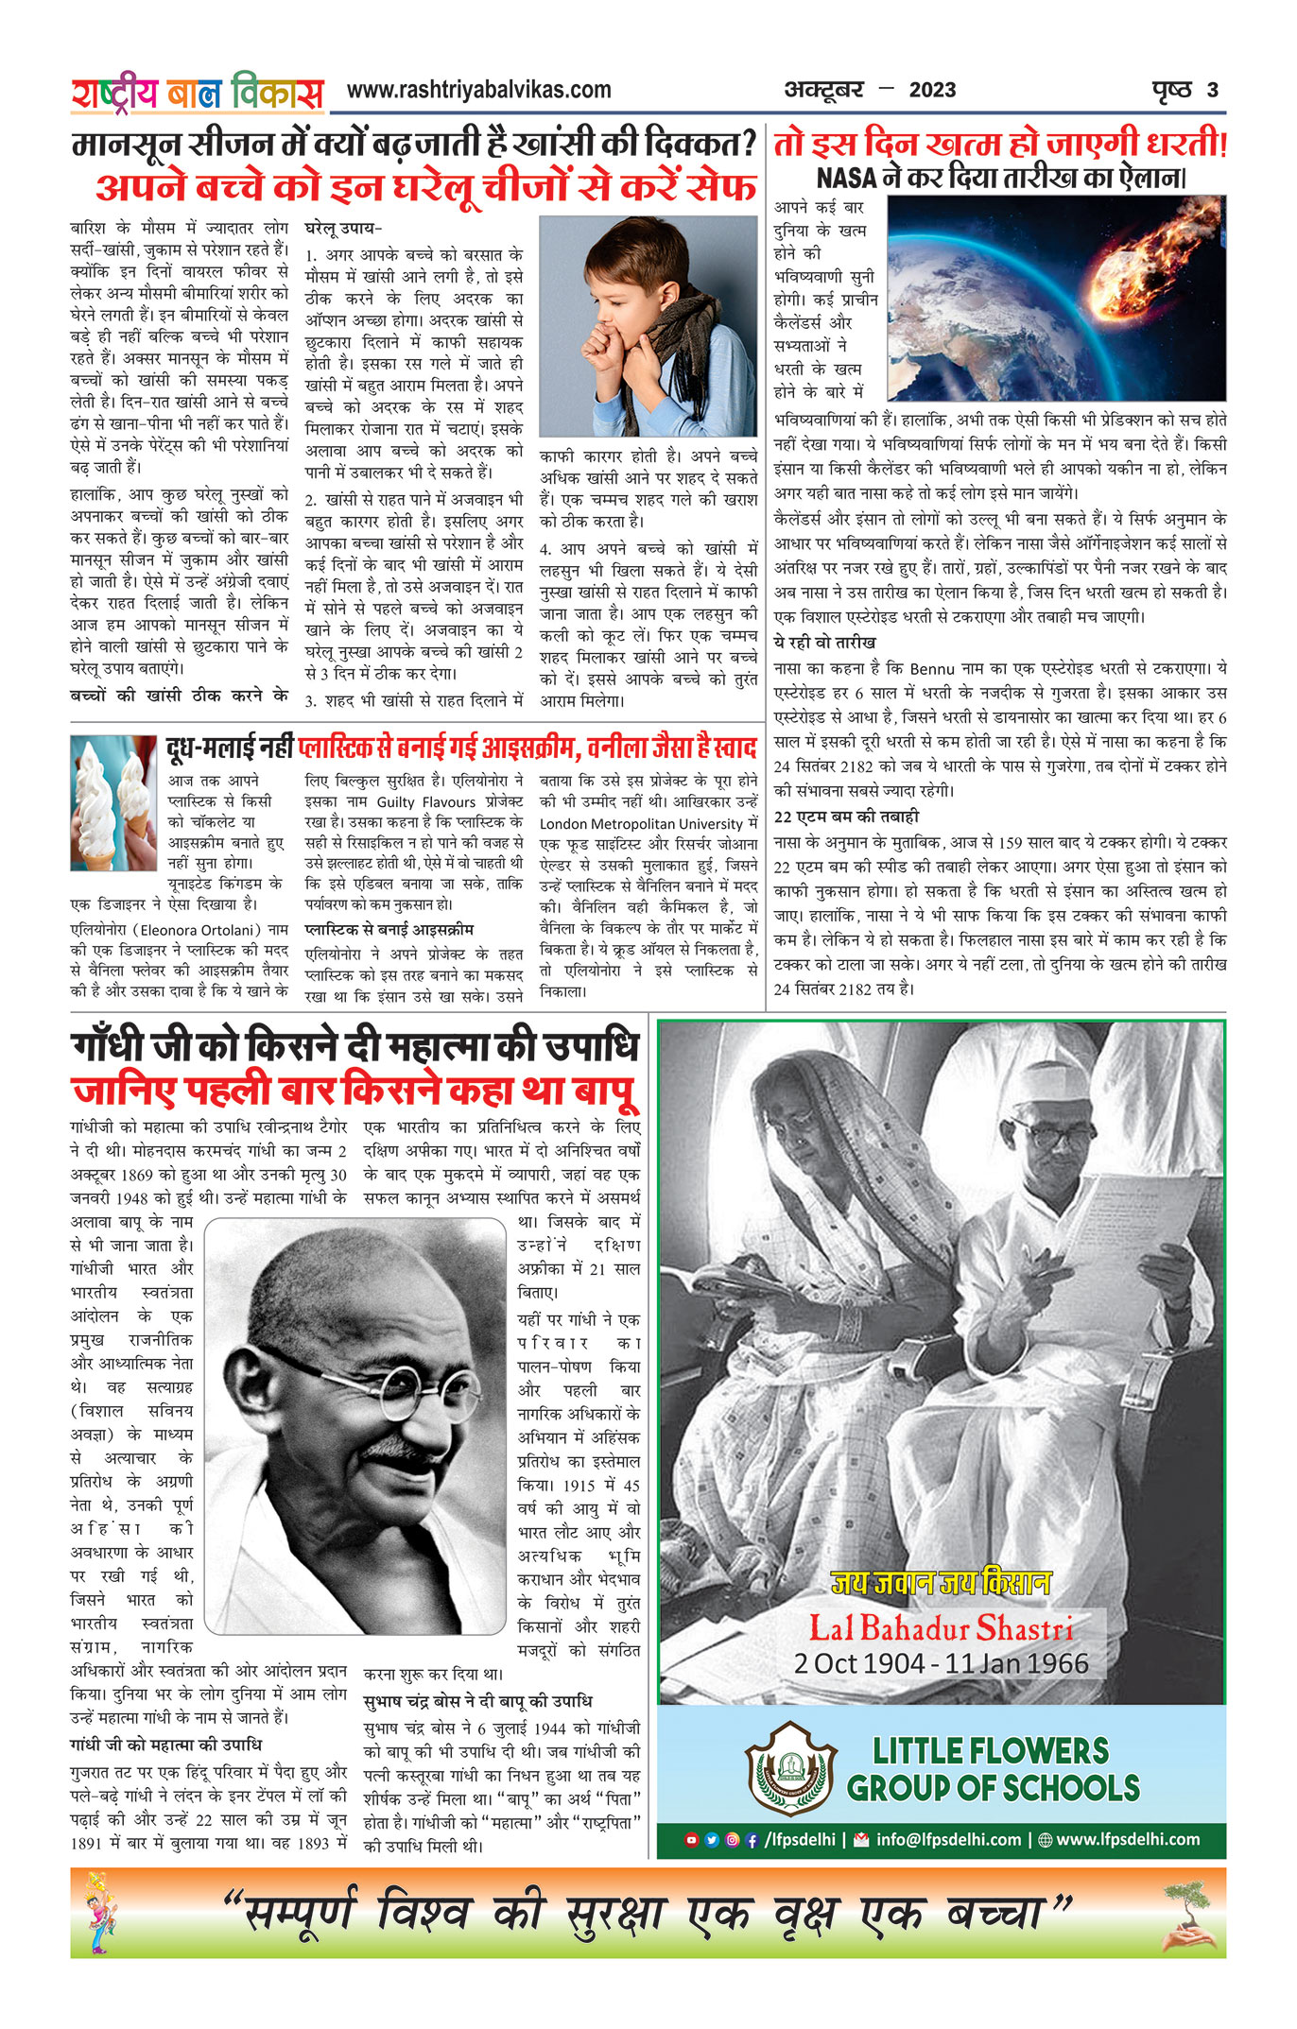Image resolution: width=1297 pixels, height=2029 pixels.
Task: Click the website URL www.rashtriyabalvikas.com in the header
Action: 478,90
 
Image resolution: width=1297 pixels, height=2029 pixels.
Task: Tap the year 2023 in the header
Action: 932,91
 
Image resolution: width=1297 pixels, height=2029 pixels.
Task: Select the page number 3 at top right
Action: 1213,91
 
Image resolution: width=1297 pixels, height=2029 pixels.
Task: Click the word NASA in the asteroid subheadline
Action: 846,178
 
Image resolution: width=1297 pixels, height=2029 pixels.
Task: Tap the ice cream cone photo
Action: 112,802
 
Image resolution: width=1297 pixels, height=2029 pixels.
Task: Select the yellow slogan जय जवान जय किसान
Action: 942,1583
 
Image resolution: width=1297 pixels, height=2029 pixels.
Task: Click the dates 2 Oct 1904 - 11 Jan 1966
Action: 942,1663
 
